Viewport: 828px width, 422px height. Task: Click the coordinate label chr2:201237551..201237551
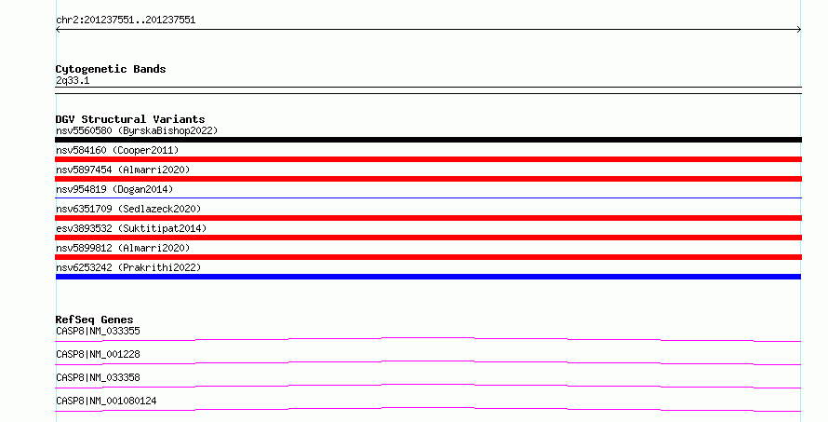point(126,20)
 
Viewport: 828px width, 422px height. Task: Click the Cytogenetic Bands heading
point(111,69)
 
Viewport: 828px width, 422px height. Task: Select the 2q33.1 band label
point(73,80)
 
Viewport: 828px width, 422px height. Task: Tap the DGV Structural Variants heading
point(130,119)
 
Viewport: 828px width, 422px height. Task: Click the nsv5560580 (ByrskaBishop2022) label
point(137,130)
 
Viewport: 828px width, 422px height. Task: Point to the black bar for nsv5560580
point(428,140)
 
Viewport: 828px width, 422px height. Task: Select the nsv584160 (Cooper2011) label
point(117,150)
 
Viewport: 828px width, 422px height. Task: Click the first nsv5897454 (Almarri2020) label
point(123,170)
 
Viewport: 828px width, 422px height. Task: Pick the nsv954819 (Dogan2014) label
point(114,189)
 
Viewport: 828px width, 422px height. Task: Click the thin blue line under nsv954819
point(428,198)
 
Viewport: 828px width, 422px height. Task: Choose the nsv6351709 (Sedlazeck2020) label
point(128,209)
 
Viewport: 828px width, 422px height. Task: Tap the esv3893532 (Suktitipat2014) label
point(131,228)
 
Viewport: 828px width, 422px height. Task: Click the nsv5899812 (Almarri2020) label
point(123,248)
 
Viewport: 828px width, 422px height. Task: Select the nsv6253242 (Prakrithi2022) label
point(128,267)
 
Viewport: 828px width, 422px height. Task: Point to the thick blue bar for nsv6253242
point(428,277)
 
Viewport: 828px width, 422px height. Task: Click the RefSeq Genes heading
point(94,320)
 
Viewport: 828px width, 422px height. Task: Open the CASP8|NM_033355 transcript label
point(99,331)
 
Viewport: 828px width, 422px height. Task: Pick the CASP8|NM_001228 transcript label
point(99,354)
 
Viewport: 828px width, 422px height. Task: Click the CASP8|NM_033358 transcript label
point(99,377)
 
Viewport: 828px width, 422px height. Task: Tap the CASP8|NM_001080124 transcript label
point(106,401)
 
